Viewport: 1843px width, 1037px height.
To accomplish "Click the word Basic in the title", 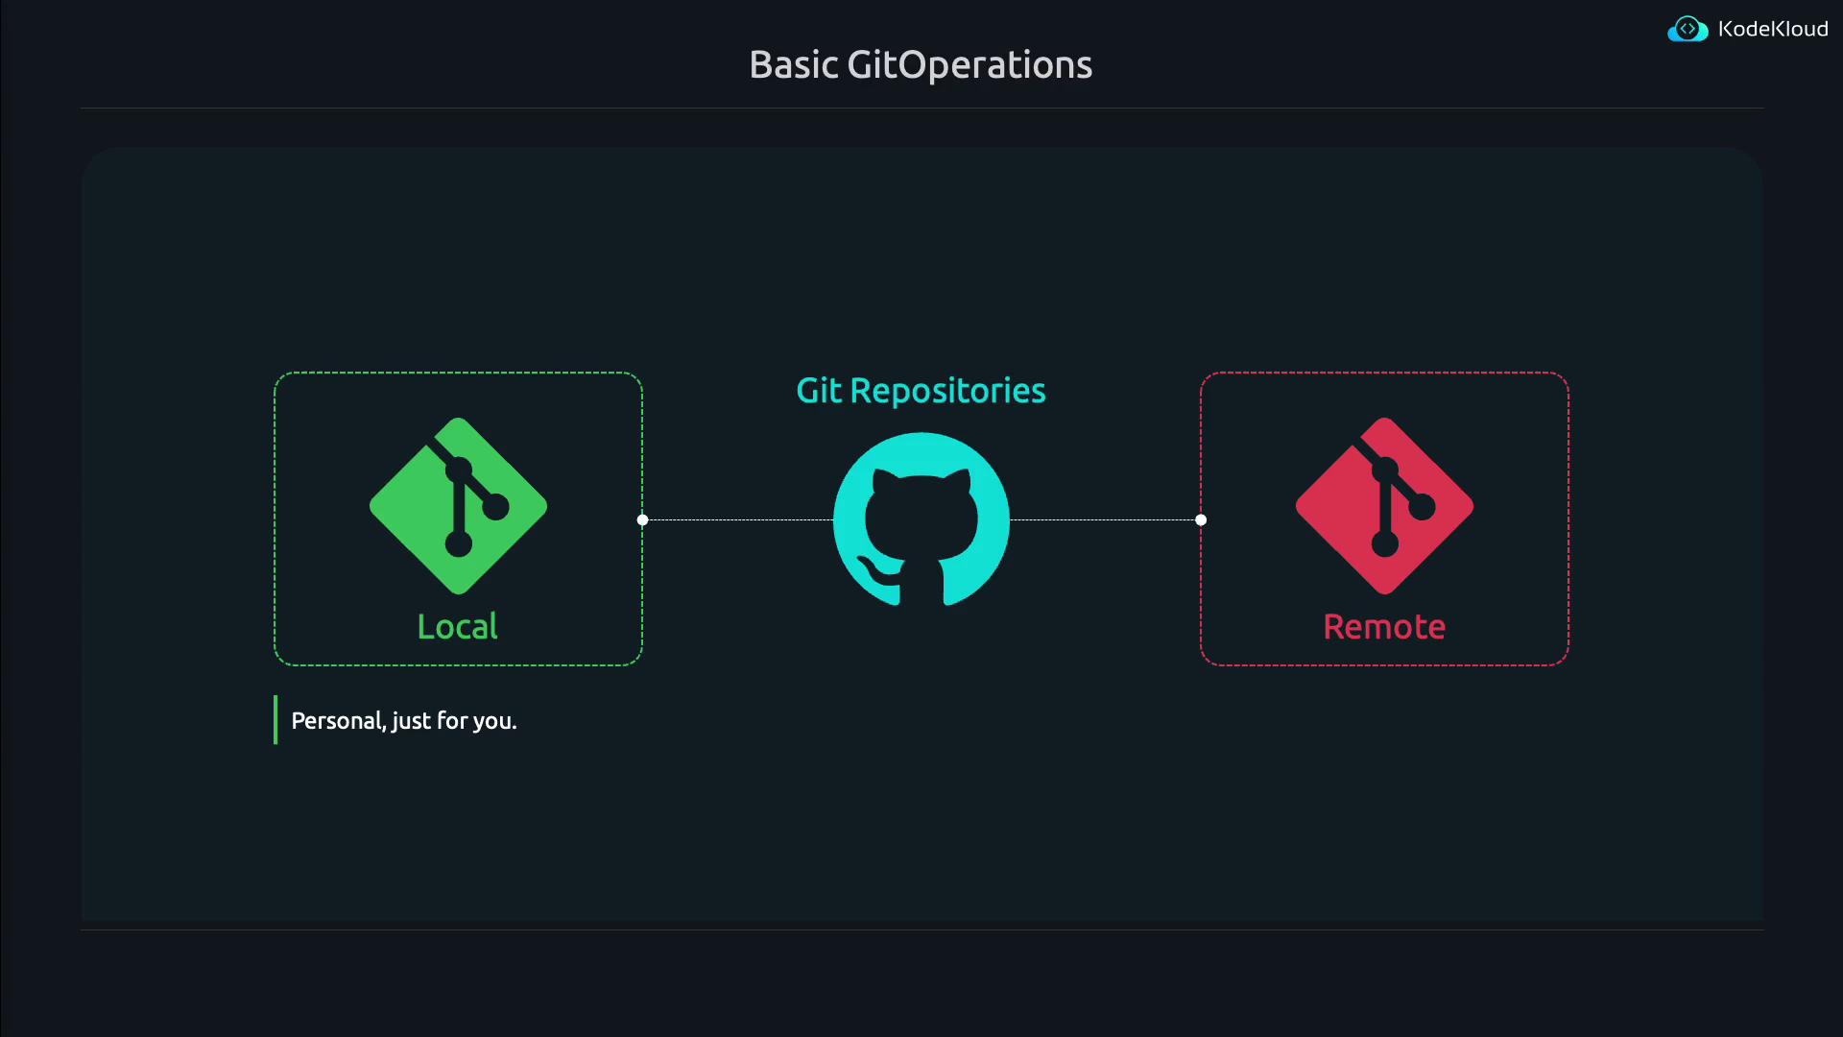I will pos(794,65).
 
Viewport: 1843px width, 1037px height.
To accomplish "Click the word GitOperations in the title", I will pos(969,65).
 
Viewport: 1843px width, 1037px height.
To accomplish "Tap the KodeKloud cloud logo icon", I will pos(1687,29).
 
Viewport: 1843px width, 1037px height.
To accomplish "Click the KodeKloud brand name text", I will pos(1773,29).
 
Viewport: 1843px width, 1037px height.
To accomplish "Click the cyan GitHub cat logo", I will pos(921,519).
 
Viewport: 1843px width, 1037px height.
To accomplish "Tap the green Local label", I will pos(458,627).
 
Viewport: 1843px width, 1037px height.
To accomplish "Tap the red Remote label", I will pos(1384,627).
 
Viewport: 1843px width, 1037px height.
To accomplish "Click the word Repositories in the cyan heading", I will pos(947,391).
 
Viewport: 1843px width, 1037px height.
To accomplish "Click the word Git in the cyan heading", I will pos(819,391).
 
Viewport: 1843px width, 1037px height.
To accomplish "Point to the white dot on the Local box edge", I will pos(643,520).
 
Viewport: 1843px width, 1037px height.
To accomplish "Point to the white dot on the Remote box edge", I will pos(1201,520).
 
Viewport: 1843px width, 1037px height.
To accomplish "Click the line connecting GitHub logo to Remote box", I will pos(1104,520).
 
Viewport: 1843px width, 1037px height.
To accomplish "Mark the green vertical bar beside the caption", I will pos(275,720).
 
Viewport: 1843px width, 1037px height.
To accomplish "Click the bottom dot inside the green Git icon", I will pos(459,544).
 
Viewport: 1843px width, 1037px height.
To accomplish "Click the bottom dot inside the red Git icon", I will pos(1385,544).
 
